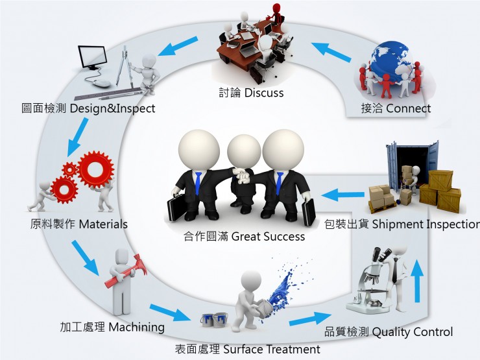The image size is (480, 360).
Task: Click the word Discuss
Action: click(264, 93)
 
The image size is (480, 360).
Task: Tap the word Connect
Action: click(409, 108)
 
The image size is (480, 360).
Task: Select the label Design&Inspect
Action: click(113, 109)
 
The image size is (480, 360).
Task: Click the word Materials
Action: click(103, 224)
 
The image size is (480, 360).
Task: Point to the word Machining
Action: click(136, 328)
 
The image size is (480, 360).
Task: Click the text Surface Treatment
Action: click(272, 349)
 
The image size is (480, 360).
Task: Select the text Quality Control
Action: click(413, 332)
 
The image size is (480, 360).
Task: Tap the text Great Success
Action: click(268, 237)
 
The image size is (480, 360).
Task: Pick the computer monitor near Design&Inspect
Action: click(92, 58)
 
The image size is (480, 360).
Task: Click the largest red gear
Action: click(95, 169)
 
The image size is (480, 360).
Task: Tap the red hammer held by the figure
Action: click(126, 271)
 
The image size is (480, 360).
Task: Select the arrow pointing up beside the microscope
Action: click(416, 281)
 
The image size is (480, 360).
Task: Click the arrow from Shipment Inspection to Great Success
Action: click(343, 195)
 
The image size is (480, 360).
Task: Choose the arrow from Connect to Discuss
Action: click(331, 52)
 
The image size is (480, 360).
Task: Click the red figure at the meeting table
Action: click(276, 14)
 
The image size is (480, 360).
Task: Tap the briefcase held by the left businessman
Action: click(176, 208)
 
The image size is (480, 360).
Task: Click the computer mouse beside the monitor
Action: click(102, 83)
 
